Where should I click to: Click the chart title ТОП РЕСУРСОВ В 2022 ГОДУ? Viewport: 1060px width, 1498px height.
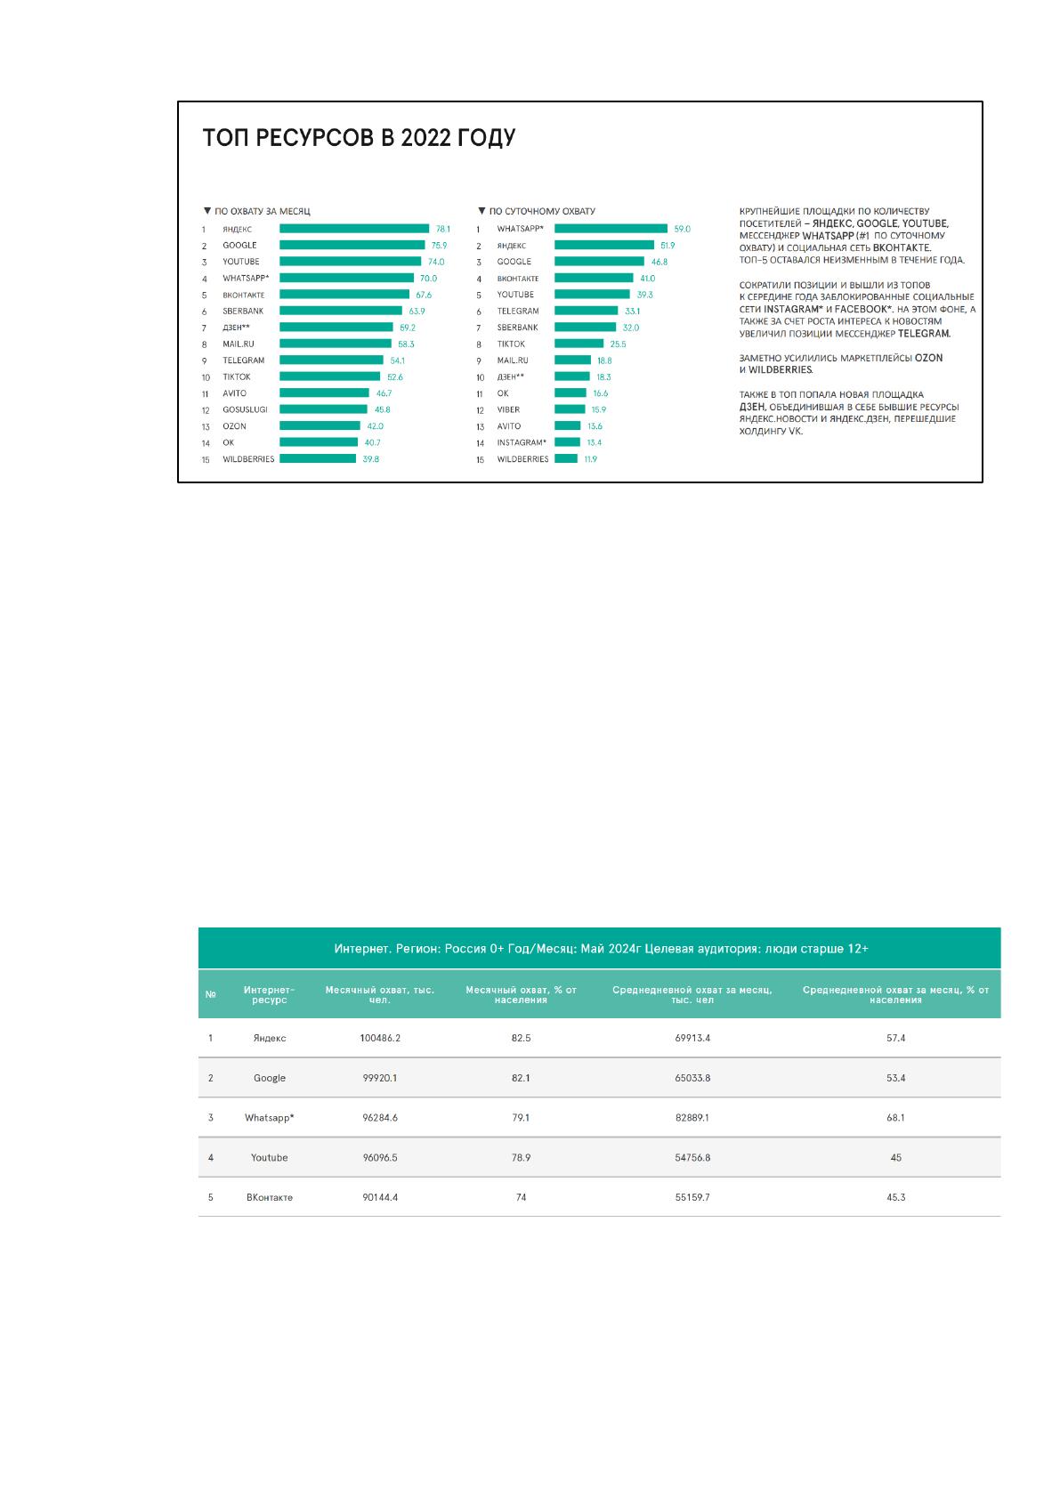point(360,138)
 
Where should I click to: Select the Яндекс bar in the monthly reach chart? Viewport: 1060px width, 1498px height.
point(354,229)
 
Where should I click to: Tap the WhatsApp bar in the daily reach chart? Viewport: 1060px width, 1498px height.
point(611,229)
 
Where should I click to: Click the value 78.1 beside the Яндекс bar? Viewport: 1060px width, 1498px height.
point(442,229)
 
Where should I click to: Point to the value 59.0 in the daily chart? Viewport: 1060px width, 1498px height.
point(682,229)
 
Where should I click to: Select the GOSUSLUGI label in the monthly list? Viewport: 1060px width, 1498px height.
point(245,409)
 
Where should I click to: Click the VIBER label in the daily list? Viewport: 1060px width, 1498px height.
point(508,409)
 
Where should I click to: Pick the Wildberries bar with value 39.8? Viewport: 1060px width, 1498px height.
point(318,458)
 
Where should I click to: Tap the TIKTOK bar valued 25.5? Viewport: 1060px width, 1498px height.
point(579,344)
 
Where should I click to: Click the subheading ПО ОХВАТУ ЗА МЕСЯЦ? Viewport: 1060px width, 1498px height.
point(263,211)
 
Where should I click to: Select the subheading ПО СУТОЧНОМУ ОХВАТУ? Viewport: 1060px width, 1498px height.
point(542,211)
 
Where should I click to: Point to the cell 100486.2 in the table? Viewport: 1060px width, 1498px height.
point(380,1038)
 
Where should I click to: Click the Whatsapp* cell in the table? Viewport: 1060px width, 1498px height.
point(270,1117)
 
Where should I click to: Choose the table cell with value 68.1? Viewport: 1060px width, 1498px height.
point(895,1117)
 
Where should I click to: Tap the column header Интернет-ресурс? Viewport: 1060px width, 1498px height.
point(270,994)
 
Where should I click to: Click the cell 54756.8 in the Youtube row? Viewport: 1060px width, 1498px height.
point(692,1158)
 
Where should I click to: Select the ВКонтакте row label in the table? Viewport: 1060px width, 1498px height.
point(270,1197)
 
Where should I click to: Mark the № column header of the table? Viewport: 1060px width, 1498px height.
point(211,994)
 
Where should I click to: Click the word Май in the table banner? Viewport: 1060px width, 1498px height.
point(591,948)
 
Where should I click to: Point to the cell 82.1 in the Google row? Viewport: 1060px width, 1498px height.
point(521,1078)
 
